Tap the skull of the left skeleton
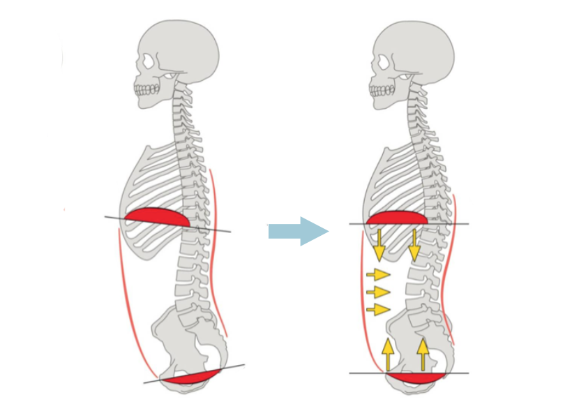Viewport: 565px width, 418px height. pos(178,52)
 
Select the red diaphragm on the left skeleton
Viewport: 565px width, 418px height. pos(158,217)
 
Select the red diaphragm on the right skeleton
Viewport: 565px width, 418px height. pos(396,218)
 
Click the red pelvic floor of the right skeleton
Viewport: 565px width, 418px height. pos(416,378)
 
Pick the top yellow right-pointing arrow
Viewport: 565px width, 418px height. pos(377,274)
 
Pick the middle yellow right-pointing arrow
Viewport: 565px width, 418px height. pos(377,292)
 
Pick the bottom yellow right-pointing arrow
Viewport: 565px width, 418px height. pos(377,308)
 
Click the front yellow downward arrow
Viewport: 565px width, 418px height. pos(379,245)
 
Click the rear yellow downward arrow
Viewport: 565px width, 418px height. pos(414,245)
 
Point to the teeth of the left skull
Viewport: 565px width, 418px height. pos(146,89)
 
